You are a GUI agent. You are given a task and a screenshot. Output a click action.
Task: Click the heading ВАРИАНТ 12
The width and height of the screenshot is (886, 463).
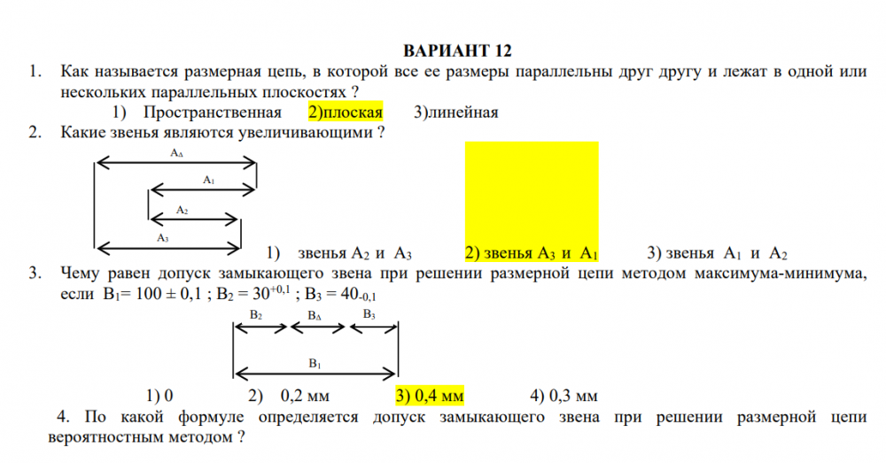457,50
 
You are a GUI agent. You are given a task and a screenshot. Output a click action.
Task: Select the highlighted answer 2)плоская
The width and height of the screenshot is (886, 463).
346,112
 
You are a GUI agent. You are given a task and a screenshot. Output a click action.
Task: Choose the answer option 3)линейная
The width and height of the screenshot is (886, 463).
456,112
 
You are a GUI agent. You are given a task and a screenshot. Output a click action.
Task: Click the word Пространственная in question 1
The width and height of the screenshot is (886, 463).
212,112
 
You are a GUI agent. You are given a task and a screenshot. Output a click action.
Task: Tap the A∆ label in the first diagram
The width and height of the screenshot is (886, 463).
177,153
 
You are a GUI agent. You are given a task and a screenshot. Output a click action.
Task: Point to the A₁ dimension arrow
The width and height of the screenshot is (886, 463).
203,189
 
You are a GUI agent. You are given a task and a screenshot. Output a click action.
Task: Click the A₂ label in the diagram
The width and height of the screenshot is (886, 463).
182,210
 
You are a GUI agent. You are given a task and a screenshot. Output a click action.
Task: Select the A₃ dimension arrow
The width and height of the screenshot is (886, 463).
169,247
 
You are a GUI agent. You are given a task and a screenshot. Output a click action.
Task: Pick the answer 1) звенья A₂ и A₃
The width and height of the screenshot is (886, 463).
338,253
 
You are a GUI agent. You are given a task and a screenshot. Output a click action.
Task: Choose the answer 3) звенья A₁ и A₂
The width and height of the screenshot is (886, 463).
717,253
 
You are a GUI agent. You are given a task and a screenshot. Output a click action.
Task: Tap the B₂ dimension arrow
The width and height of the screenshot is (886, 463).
261,328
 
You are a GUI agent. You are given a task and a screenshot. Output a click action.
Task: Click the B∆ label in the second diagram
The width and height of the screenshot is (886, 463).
315,316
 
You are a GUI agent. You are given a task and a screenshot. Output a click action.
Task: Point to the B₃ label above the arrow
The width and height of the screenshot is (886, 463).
369,314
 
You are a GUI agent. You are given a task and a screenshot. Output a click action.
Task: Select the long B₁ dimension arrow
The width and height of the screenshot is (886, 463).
315,374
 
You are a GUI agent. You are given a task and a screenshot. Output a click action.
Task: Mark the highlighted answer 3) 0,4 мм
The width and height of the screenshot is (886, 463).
430,396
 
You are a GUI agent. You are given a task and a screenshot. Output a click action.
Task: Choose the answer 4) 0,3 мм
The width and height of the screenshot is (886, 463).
563,396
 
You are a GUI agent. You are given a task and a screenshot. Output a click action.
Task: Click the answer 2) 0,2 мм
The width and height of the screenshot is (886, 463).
288,396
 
